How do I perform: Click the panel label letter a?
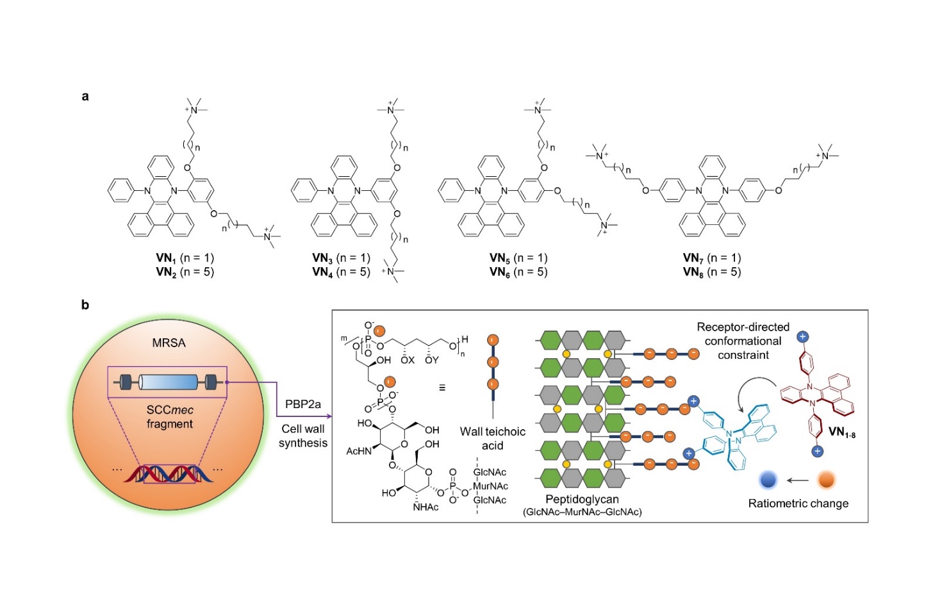point(85,97)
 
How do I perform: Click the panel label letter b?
point(85,305)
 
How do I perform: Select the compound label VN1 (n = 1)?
point(185,258)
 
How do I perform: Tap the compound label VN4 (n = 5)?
point(341,272)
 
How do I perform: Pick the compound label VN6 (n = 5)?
point(518,272)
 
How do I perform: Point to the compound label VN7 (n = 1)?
point(712,258)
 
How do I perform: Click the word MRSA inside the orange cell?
point(169,343)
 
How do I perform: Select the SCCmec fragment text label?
point(170,417)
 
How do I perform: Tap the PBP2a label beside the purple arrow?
point(303,404)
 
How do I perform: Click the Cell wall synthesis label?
point(303,436)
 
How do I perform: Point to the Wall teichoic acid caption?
point(493,439)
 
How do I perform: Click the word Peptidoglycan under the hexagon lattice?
point(582,499)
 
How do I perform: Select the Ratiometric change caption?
point(798,504)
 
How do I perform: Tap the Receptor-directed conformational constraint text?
point(743,341)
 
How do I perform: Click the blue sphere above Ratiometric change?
point(768,480)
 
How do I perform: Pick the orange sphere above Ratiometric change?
point(827,480)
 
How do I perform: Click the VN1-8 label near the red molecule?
point(841,432)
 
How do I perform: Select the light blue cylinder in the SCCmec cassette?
point(168,382)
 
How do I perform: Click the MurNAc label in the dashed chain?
point(490,486)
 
